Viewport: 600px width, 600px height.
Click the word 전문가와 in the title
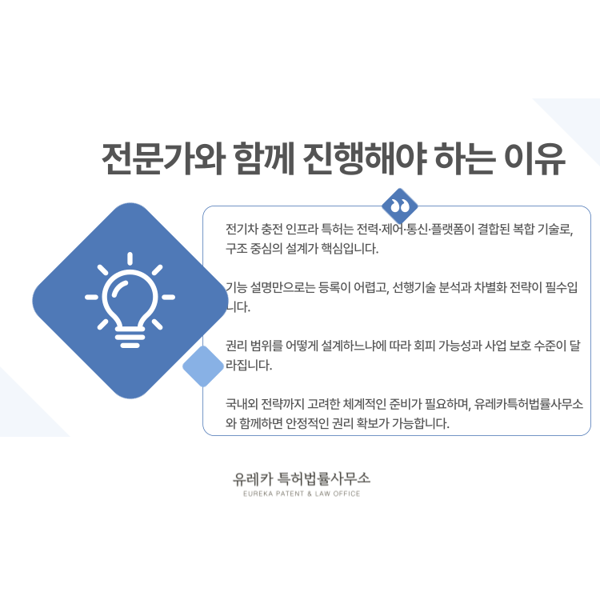163,158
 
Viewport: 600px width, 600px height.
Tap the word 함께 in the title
264,158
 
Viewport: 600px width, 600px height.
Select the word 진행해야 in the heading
364,158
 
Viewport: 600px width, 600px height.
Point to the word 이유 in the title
535,158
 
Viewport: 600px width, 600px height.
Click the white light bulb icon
130,300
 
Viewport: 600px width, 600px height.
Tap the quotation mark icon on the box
400,206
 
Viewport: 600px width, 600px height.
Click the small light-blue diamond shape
203,366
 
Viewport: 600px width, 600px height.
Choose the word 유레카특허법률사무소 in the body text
529,404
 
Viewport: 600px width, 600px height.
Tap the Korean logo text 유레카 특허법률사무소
302,478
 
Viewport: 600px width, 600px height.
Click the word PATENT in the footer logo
290,494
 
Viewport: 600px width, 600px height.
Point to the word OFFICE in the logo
346,494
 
